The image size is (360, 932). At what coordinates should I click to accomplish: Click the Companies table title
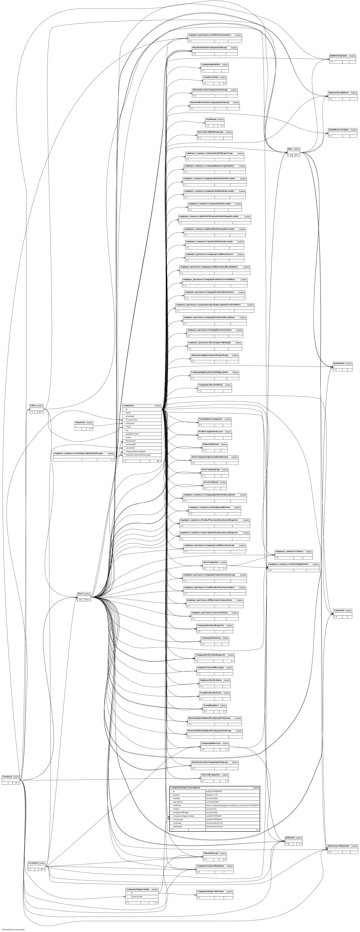tap(128, 406)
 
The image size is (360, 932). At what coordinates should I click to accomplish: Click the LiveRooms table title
tap(211, 119)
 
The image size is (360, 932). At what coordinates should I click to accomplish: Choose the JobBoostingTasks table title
tap(338, 56)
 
